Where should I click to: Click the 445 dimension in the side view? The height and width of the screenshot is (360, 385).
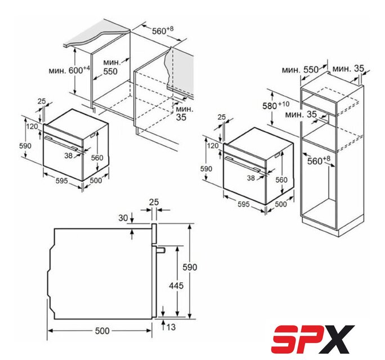176,285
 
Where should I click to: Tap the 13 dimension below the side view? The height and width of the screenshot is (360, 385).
171,327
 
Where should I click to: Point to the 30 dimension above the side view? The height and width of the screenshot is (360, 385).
123,218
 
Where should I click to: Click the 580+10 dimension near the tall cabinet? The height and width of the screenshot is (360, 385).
276,106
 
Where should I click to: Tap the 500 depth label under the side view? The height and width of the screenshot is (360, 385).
102,331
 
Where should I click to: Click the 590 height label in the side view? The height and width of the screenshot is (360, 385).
190,267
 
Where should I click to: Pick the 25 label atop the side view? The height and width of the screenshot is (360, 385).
154,202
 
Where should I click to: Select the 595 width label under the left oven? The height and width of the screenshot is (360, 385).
61,181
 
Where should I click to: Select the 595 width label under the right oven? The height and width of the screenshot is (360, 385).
243,204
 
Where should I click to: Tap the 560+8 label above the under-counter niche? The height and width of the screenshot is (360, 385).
163,30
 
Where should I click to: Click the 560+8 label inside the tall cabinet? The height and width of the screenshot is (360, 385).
319,160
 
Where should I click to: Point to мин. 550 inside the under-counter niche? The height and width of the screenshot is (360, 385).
111,67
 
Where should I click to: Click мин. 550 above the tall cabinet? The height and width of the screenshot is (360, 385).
300,70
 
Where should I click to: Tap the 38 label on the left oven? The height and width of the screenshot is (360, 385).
69,155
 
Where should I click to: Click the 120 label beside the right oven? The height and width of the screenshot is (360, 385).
212,146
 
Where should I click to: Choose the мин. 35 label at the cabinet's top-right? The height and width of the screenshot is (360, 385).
348,69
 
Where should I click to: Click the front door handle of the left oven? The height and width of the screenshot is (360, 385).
61,142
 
